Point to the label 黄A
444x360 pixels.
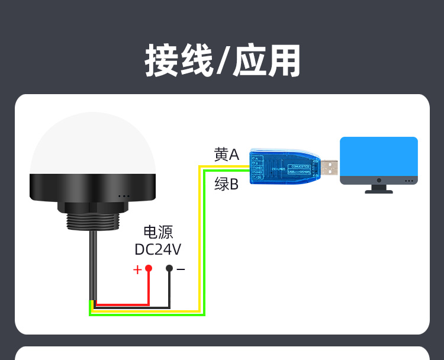click(226, 155)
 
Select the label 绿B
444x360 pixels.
click(226, 185)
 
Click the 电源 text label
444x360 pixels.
click(158, 232)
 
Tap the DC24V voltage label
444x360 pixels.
click(158, 249)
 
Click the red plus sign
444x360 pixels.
click(137, 270)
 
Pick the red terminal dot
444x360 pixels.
click(149, 268)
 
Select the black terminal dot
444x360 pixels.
click(169, 268)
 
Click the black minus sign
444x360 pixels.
click(181, 269)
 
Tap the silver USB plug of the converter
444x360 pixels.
click(330, 168)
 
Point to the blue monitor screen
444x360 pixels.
click(379, 156)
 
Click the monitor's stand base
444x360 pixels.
click(379, 191)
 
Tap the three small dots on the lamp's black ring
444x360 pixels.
click(124, 196)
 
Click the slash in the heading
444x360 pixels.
click(222, 61)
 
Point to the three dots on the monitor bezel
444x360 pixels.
click(408, 181)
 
